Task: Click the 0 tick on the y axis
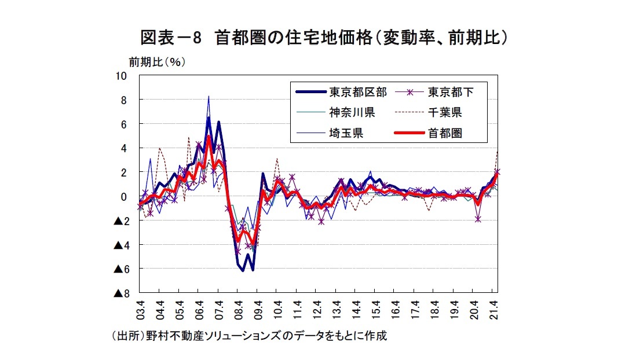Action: point(124,197)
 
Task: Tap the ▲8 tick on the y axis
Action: point(120,294)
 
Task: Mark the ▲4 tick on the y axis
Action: point(120,245)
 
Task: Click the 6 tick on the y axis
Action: point(124,124)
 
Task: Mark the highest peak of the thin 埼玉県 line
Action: point(209,97)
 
